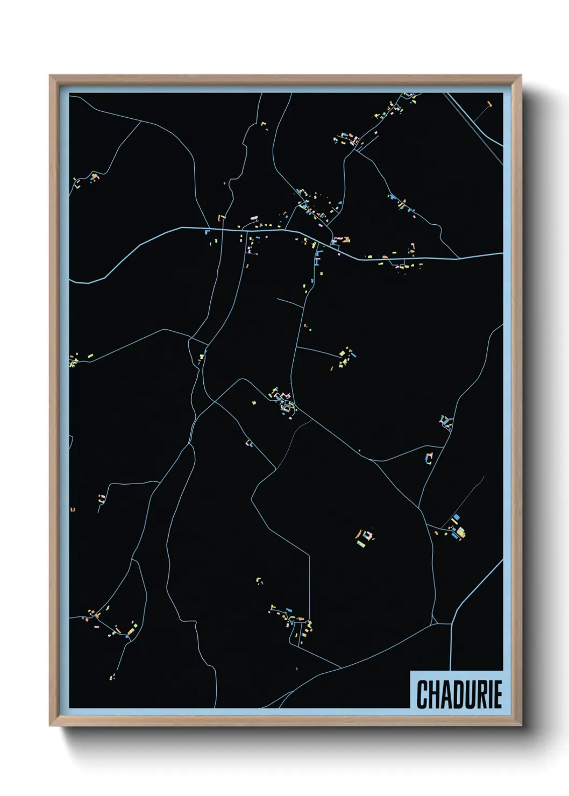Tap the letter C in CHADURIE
[422, 694]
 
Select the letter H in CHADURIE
[433, 694]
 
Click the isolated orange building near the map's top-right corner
[489, 103]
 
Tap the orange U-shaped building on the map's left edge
[73, 509]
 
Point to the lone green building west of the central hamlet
[254, 401]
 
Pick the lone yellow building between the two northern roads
[264, 125]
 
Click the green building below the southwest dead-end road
[113, 676]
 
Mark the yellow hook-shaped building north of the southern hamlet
[259, 580]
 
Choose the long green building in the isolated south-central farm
[361, 544]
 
